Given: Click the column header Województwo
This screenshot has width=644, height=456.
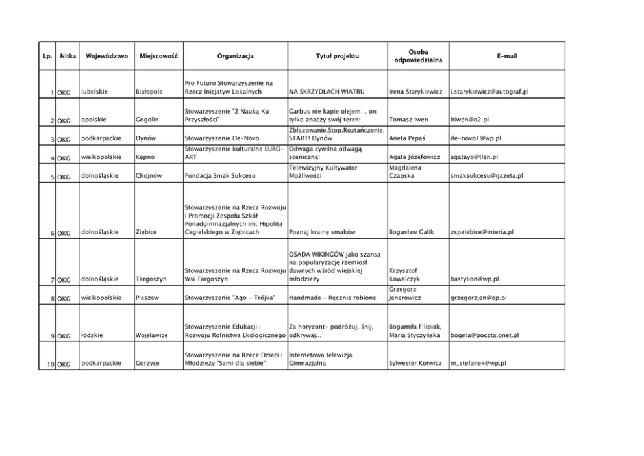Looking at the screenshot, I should pyautogui.click(x=106, y=57).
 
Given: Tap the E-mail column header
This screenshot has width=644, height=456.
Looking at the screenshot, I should pyautogui.click(x=506, y=57).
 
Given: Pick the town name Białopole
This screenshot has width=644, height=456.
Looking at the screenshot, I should pyautogui.click(x=149, y=92).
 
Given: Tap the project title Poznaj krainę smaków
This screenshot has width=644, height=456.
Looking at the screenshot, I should pyautogui.click(x=321, y=232).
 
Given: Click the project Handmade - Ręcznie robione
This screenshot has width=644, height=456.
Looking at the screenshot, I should pyautogui.click(x=332, y=298).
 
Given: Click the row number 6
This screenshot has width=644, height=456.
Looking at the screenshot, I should pyautogui.click(x=51, y=233).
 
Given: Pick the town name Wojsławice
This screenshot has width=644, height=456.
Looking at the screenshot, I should pyautogui.click(x=151, y=336).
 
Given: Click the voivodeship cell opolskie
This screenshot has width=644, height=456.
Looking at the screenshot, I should pyautogui.click(x=95, y=120).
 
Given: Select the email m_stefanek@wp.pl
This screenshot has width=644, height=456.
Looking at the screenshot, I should pyautogui.click(x=478, y=364).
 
